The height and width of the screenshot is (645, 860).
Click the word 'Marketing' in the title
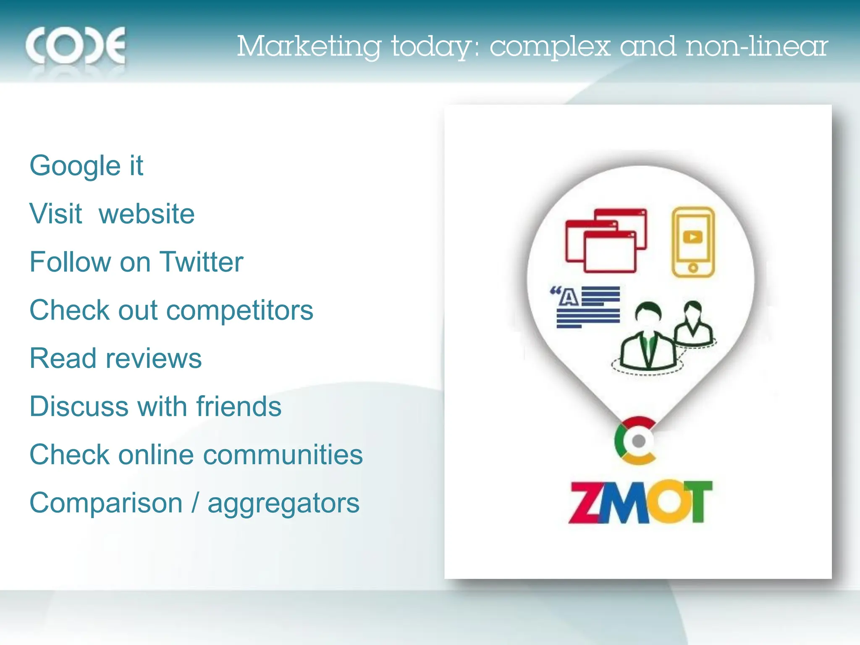(309, 46)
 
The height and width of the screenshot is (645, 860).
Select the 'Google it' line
(87, 165)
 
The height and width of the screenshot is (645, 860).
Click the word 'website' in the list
(147, 214)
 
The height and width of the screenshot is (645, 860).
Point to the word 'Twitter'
(202, 262)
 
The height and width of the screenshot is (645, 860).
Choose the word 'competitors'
(240, 310)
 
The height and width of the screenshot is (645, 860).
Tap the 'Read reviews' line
(116, 359)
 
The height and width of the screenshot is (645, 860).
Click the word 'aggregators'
(284, 503)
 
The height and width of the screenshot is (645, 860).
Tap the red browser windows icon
(606, 241)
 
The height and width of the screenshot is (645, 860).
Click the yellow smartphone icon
(693, 242)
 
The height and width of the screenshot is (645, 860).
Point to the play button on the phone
(693, 237)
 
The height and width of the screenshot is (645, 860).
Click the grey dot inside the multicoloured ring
(639, 441)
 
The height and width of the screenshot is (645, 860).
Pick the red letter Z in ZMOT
(585, 503)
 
